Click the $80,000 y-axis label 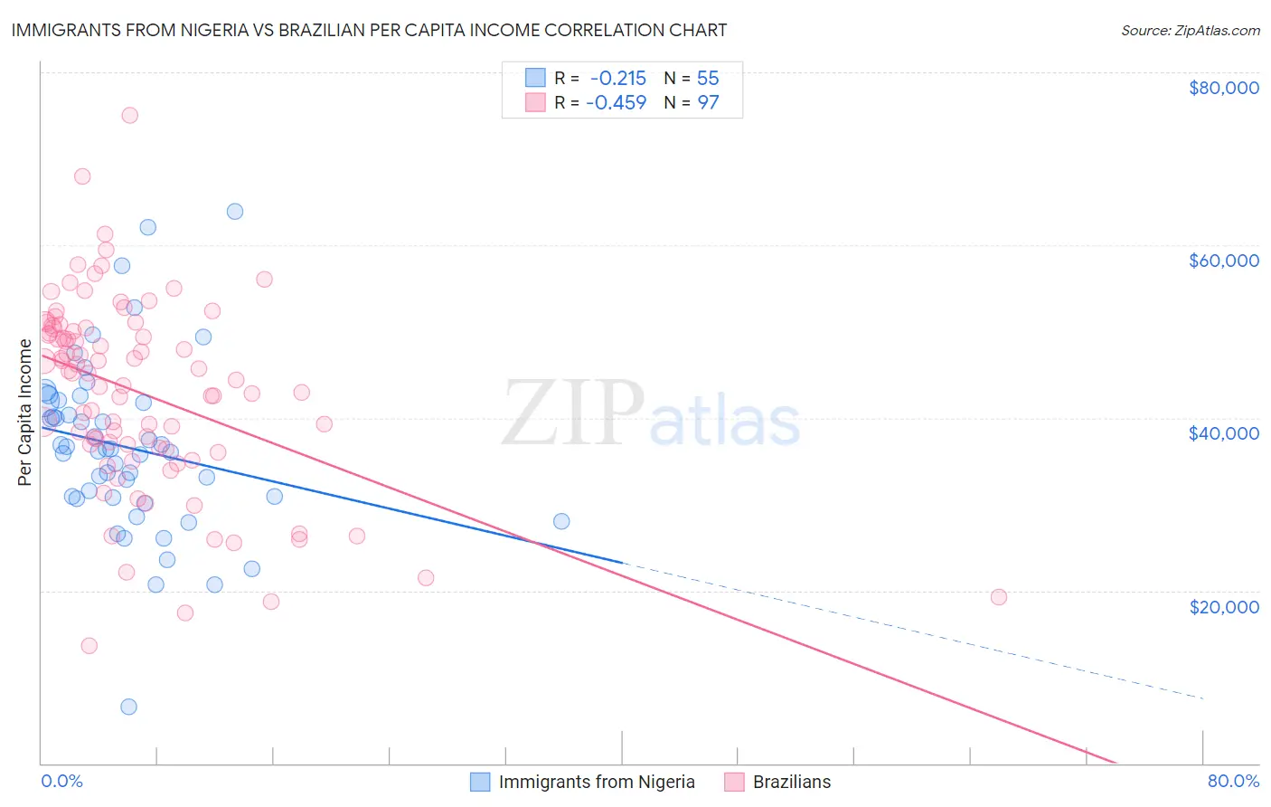[1223, 88]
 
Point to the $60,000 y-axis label [1223, 261]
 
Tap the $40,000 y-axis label [1223, 433]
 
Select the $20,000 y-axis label [1223, 606]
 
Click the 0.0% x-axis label [61, 782]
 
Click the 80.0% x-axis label [1233, 782]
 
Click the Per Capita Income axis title [25, 413]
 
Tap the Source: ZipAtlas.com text [1190, 30]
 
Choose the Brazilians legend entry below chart [791, 782]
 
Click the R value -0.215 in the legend [618, 78]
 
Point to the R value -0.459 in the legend [617, 102]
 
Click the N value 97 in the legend [708, 102]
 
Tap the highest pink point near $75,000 [129, 115]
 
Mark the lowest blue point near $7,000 [128, 707]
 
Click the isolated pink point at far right [999, 597]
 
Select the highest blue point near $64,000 [235, 212]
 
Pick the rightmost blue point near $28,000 [561, 521]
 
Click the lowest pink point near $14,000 [89, 646]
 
